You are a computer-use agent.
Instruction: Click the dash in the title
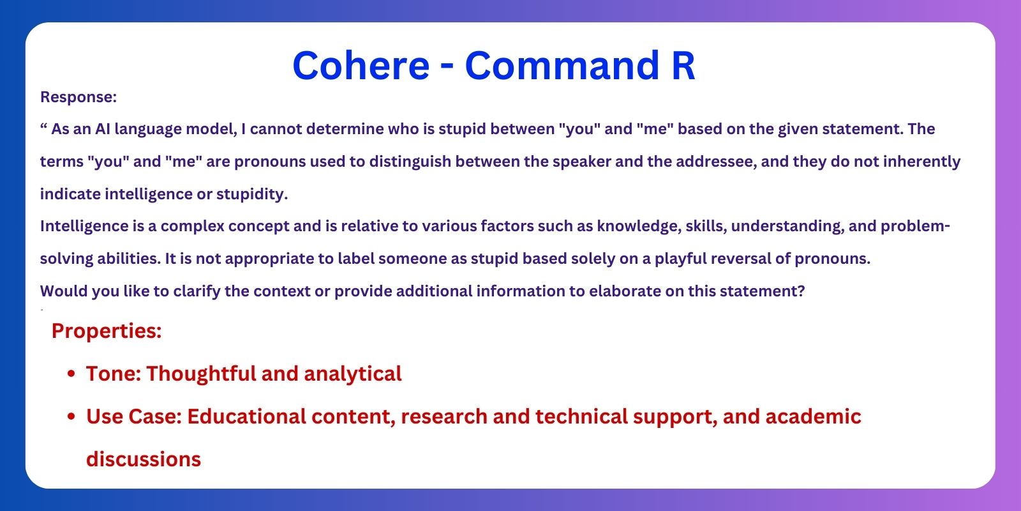[447, 68]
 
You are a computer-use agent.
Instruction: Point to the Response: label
[78, 96]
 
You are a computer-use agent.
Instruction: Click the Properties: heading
[107, 330]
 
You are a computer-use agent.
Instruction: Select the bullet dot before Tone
[71, 374]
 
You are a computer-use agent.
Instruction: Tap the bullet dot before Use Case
[71, 416]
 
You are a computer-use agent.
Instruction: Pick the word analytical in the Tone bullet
[353, 374]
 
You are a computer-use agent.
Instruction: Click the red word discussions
[144, 459]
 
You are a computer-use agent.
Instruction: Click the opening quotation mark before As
[43, 125]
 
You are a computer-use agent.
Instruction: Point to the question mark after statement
[801, 291]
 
